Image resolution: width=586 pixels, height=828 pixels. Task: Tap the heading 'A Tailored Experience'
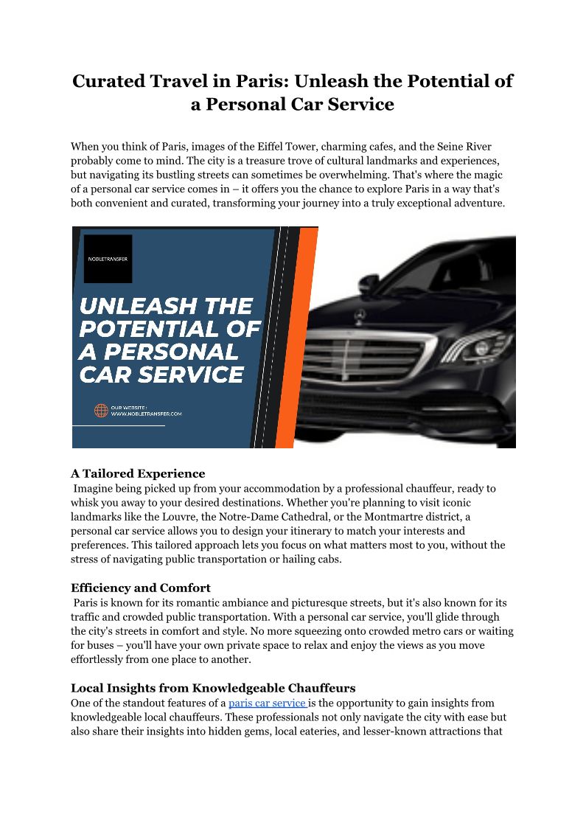138,473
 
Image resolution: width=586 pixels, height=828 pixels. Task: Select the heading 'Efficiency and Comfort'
141,588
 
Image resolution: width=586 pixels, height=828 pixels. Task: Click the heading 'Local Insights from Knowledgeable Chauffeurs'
213,688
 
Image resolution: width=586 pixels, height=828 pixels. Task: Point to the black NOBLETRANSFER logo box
108,259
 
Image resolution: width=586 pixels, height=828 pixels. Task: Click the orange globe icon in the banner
101,410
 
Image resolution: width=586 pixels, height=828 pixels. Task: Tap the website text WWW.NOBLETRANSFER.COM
146,414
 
